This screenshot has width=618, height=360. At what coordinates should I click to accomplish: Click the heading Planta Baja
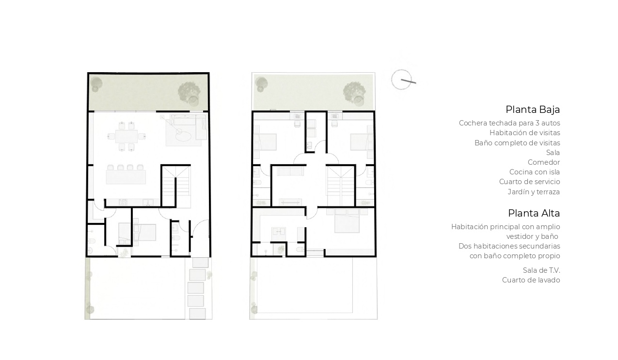coord(533,110)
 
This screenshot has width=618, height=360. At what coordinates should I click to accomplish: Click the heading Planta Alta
coord(534,213)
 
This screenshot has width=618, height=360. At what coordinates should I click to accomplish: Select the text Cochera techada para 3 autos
coord(509,123)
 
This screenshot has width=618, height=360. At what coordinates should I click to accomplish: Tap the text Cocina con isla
coord(535,172)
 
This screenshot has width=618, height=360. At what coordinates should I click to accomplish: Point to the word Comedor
coord(544,162)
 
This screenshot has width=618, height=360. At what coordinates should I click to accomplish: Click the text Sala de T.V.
coord(541,270)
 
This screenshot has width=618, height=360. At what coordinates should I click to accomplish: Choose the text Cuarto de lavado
coord(531,280)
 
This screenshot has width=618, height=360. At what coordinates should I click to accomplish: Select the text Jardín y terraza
coord(534,192)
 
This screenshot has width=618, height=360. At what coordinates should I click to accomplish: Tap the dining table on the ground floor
coord(127,136)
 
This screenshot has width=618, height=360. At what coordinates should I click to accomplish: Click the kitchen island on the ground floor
coord(126,177)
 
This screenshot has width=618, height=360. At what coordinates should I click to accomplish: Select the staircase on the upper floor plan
coord(341,186)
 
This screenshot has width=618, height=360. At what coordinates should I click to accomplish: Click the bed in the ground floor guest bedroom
coord(144,232)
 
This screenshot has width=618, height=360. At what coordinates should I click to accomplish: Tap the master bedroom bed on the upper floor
coord(347,220)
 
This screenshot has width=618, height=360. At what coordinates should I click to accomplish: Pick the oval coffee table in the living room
coord(184,136)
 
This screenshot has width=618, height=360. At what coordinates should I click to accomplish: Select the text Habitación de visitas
coord(525,133)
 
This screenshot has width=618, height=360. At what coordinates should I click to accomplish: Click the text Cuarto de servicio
coord(529,182)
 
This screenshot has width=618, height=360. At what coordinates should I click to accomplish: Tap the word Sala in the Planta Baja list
coord(553,153)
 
